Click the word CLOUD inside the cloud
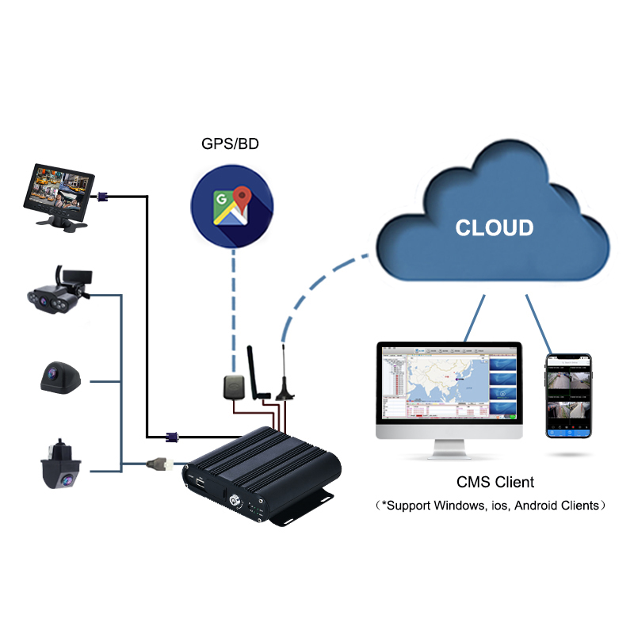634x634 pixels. tap(495, 228)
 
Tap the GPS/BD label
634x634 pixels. tap(230, 144)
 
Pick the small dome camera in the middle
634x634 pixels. tap(60, 377)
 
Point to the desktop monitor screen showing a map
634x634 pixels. tap(449, 382)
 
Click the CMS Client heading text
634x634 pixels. tap(495, 482)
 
